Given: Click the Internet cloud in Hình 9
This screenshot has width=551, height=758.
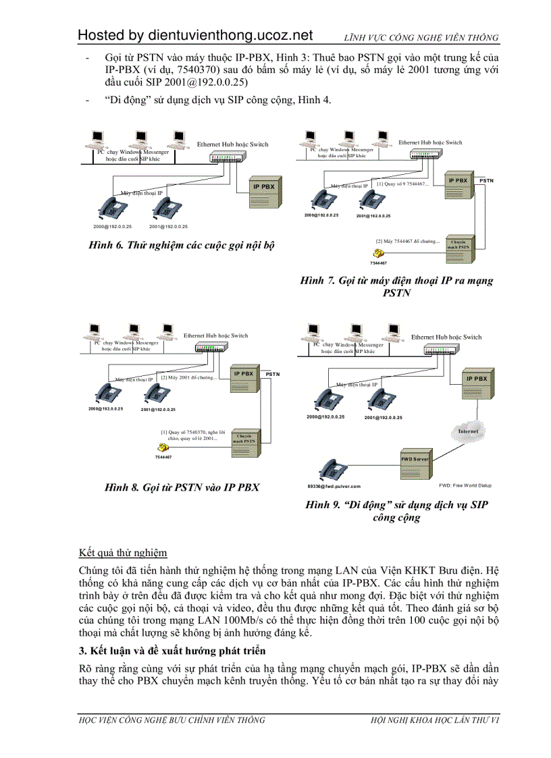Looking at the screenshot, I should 468,430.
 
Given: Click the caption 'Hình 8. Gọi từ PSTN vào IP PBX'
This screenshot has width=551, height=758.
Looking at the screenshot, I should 182,487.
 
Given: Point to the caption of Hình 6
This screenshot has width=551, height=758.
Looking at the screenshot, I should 182,245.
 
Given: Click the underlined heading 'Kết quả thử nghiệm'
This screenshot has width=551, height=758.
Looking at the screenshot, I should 123,553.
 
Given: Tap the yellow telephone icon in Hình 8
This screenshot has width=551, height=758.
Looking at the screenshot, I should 162,448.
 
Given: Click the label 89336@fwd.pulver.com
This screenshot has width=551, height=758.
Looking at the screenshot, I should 334,486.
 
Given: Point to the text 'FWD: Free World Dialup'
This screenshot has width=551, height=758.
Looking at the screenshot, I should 466,485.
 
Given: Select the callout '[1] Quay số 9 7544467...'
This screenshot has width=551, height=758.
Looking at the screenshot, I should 402,183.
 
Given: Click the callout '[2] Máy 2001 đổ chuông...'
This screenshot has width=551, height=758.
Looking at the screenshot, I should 188,377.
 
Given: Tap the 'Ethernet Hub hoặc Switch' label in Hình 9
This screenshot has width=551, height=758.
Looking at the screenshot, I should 446,337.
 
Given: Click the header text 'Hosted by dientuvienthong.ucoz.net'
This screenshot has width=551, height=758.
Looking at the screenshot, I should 195,35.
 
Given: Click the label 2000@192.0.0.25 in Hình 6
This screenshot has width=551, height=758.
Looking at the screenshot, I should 112,226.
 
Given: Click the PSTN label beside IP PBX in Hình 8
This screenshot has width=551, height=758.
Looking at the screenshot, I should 272,373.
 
